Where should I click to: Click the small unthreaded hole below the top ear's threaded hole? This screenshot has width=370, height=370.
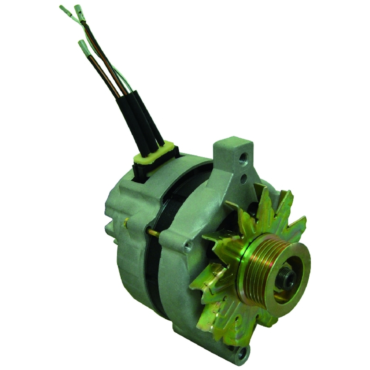[x=243, y=179]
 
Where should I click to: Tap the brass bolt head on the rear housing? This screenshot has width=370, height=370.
[x=126, y=222]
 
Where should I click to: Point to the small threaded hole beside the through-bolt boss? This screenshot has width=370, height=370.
[x=189, y=245]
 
